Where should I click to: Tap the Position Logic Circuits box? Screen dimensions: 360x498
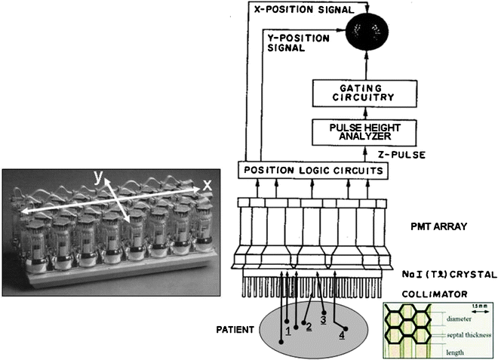pos(314,172)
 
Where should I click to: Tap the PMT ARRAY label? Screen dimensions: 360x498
pos(442,226)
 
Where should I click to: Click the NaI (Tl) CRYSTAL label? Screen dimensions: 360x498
pos(449,275)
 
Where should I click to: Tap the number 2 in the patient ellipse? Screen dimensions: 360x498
pos(308,326)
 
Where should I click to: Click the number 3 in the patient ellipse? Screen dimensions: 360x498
pos(324,318)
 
